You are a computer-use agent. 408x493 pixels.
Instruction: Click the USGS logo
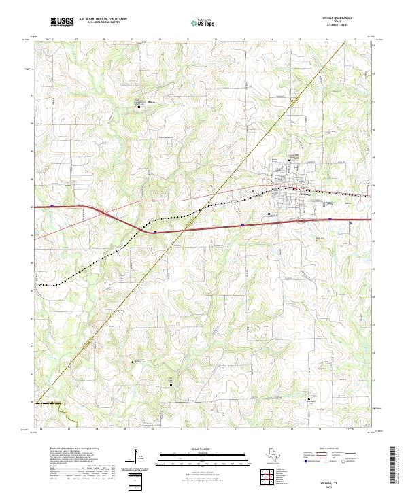(62, 22)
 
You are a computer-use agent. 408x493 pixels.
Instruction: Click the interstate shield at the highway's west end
(52, 207)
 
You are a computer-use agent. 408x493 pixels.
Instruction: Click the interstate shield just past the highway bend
(156, 231)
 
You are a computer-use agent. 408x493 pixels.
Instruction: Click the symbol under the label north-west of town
(140, 107)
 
